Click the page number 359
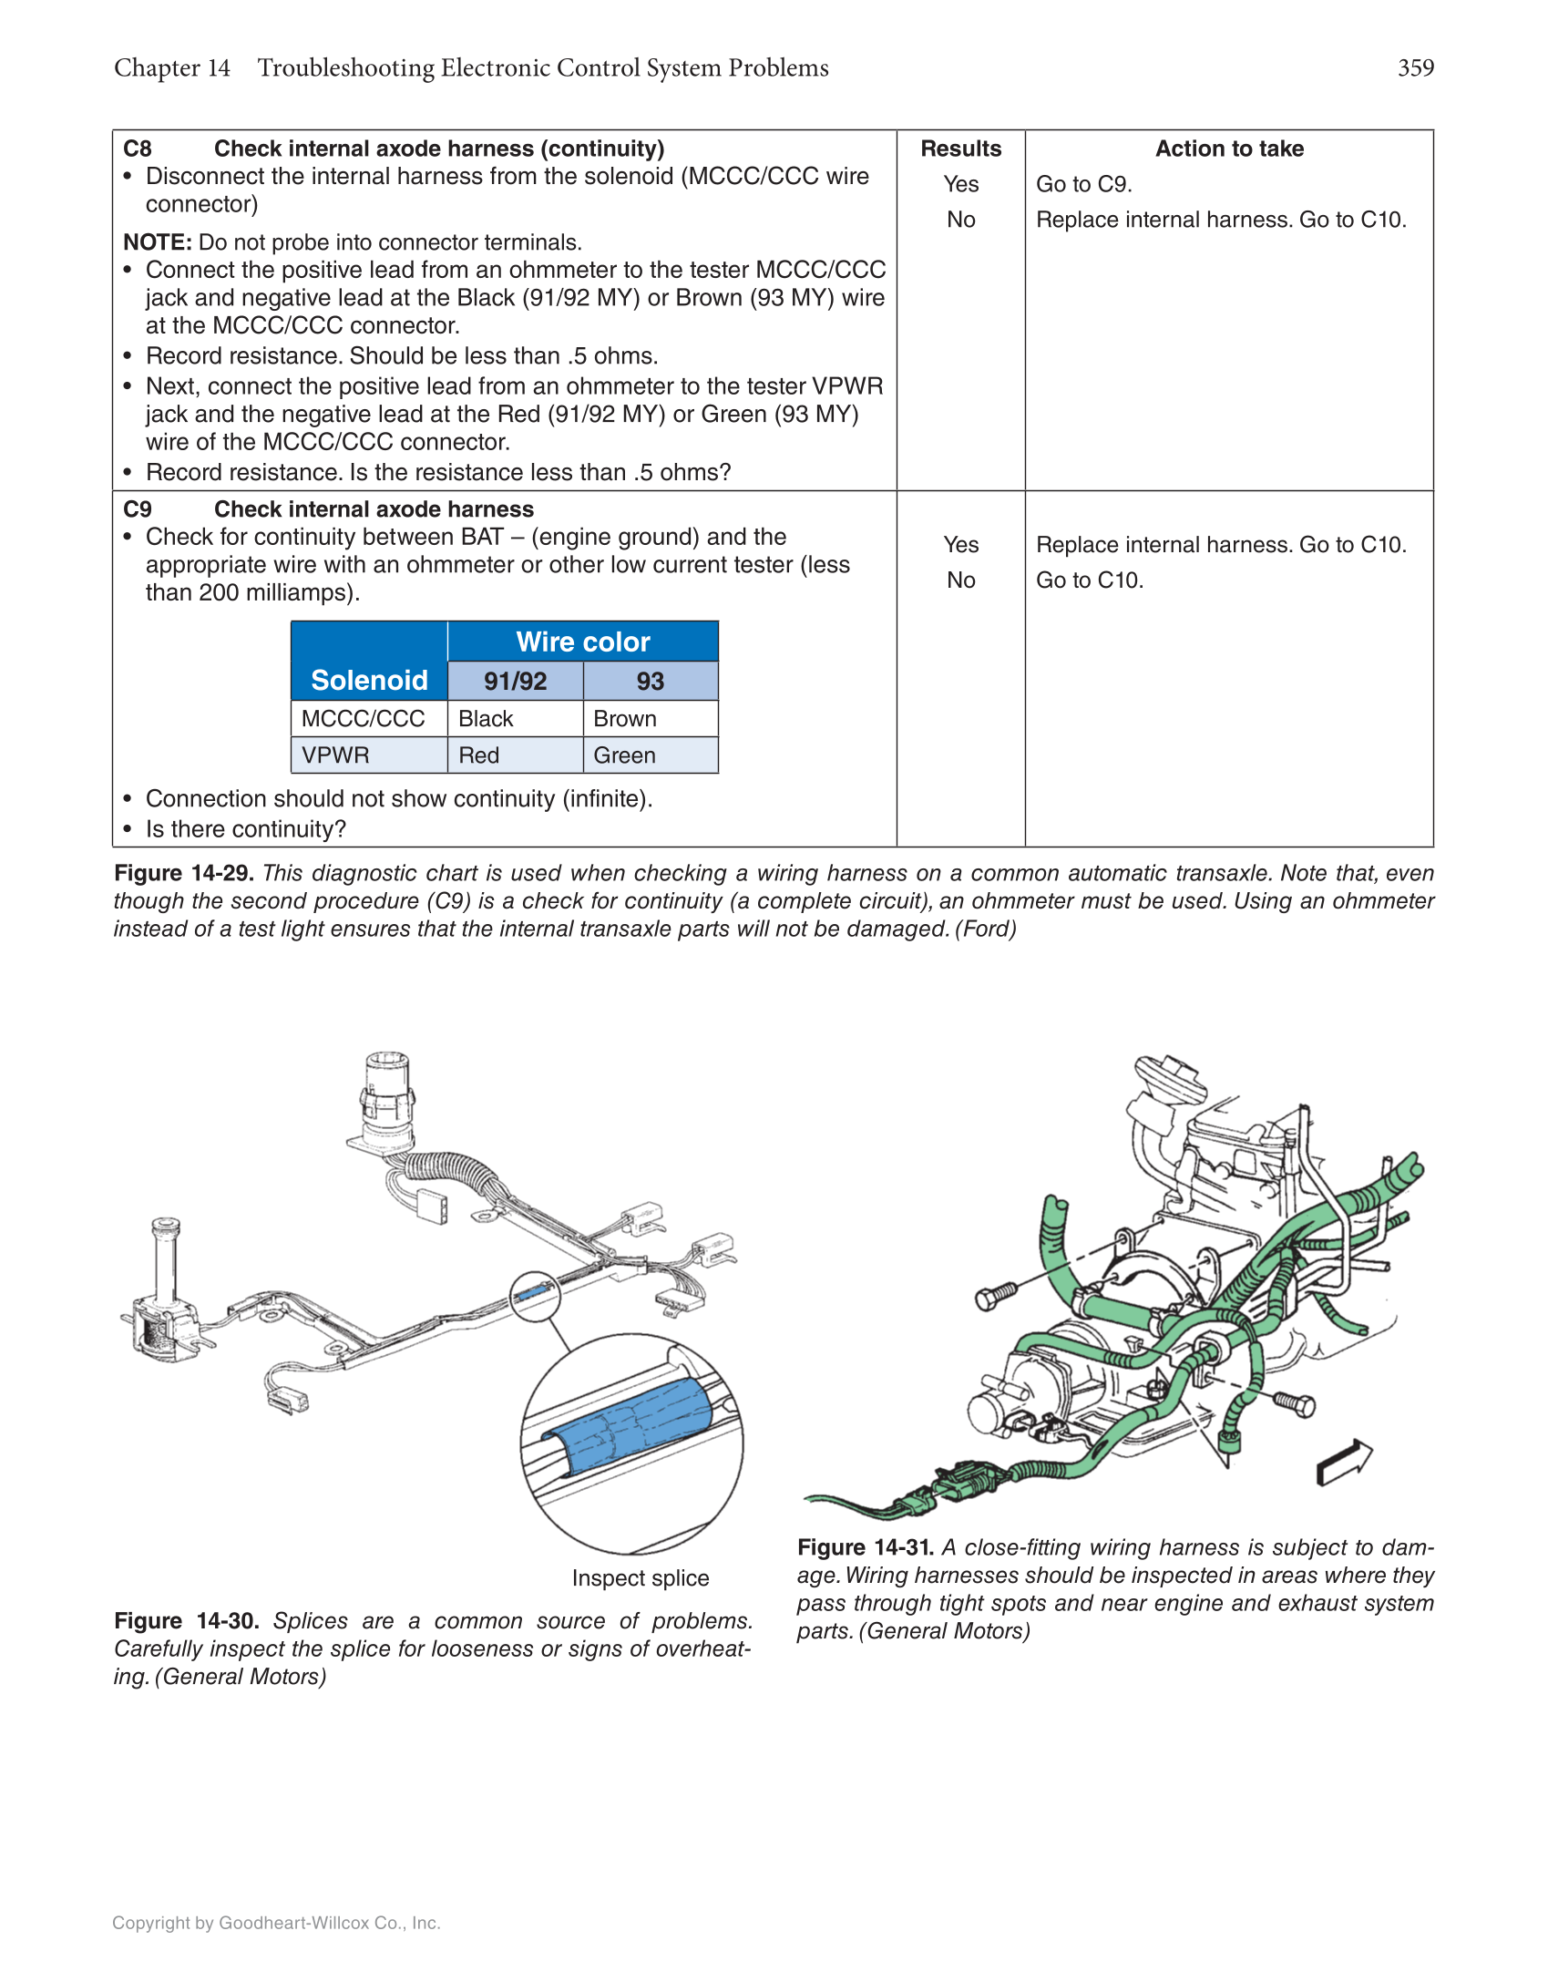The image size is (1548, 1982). (1415, 68)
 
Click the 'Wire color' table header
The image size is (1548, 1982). (582, 642)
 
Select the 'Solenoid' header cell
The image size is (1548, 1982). (369, 680)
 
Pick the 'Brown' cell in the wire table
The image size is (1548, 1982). (625, 719)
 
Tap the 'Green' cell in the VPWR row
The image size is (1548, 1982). (625, 755)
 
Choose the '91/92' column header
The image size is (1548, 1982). (515, 682)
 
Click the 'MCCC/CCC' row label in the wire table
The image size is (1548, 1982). (363, 719)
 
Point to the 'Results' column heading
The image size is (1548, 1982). (960, 149)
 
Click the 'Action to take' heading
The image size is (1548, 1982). (1229, 149)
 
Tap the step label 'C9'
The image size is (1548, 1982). (138, 509)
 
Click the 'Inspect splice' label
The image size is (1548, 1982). (640, 1578)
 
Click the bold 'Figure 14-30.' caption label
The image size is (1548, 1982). (187, 1621)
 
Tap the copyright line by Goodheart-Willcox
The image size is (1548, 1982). (276, 1923)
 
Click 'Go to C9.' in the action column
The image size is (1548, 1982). (1083, 184)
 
